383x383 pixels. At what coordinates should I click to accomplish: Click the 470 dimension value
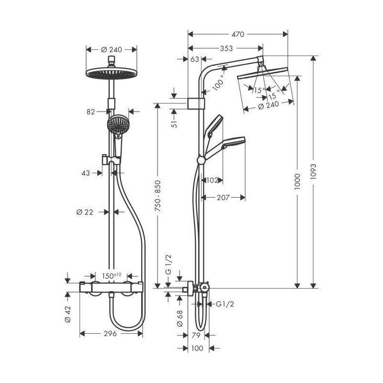pyautogui.click(x=237, y=34)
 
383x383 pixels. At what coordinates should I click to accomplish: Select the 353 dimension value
pyautogui.click(x=226, y=48)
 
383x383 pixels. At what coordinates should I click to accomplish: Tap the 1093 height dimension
pyautogui.click(x=313, y=172)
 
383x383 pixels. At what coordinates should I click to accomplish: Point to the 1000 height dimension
pyautogui.click(x=297, y=181)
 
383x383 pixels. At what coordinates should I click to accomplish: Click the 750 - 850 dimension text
pyautogui.click(x=158, y=196)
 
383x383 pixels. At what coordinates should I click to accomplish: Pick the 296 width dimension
pyautogui.click(x=110, y=333)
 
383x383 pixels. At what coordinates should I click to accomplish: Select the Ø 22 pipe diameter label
pyautogui.click(x=85, y=212)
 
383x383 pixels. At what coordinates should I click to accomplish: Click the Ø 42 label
pyautogui.click(x=68, y=315)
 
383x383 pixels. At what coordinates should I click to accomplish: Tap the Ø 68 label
pyautogui.click(x=180, y=318)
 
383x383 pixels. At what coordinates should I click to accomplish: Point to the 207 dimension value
pyautogui.click(x=223, y=197)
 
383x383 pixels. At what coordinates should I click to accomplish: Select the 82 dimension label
pyautogui.click(x=90, y=112)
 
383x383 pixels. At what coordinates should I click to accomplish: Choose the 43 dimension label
pyautogui.click(x=86, y=173)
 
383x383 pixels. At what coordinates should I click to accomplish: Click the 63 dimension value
pyautogui.click(x=195, y=59)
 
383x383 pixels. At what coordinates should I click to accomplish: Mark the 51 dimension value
pyautogui.click(x=174, y=124)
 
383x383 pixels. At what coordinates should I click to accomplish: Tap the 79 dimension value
pyautogui.click(x=196, y=336)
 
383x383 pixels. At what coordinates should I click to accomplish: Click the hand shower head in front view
pyautogui.click(x=118, y=124)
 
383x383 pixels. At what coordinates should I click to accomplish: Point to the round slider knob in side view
pyautogui.click(x=201, y=160)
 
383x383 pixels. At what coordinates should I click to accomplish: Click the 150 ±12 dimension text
pyautogui.click(x=112, y=276)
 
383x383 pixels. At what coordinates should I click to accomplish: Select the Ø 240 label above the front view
pyautogui.click(x=112, y=50)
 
